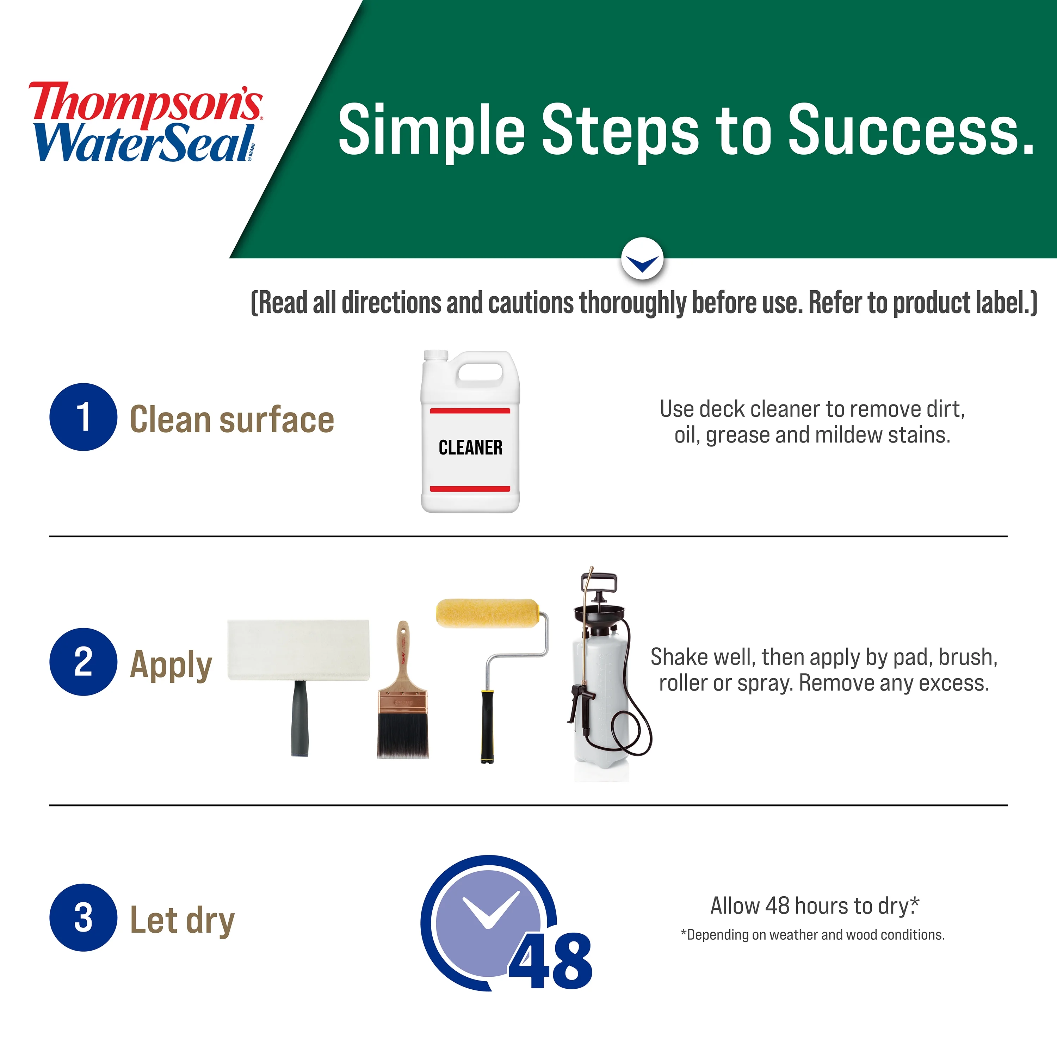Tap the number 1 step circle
(x=83, y=417)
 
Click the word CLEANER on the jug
(x=470, y=447)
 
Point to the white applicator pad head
(x=298, y=650)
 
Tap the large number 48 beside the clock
(x=551, y=962)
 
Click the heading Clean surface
(x=232, y=420)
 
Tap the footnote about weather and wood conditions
(x=812, y=934)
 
